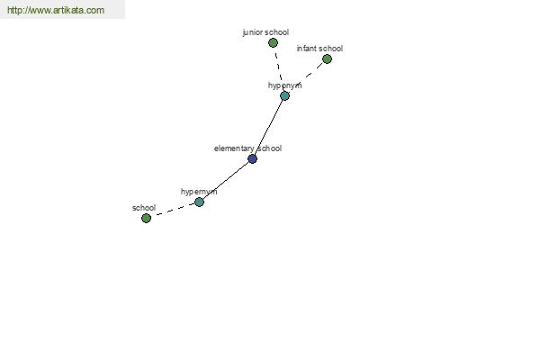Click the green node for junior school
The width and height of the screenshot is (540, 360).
(273, 43)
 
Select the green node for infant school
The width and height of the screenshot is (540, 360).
(328, 59)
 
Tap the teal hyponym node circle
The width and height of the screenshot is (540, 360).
(284, 95)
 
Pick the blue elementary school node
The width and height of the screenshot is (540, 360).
(252, 158)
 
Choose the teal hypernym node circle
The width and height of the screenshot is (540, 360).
(200, 202)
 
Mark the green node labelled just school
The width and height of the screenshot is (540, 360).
(146, 218)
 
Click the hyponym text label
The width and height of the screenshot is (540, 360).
(284, 85)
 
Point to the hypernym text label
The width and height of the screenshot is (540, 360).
(199, 192)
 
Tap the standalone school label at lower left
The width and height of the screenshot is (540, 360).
(144, 208)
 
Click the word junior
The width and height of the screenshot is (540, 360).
(253, 32)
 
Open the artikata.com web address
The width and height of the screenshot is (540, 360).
(56, 10)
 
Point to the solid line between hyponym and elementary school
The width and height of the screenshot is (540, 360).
(268, 128)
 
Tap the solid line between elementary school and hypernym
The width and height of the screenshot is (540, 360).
(226, 181)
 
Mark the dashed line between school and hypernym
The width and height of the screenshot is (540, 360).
(173, 210)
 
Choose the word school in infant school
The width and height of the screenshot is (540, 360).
(331, 49)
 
